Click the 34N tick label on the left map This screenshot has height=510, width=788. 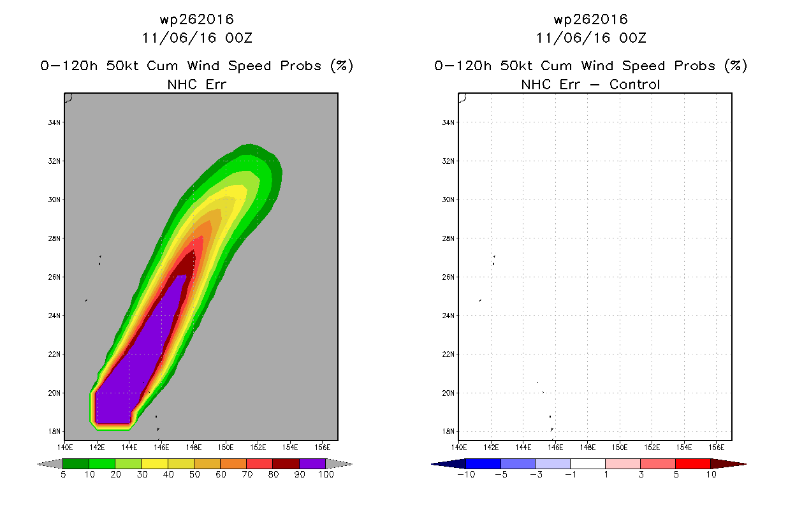click(54, 122)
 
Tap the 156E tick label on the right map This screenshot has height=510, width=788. click(716, 448)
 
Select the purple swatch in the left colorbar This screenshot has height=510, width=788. click(312, 464)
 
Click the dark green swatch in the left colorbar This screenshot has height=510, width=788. click(76, 464)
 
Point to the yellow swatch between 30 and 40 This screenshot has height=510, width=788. click(154, 464)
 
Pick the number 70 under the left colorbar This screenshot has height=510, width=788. click(247, 474)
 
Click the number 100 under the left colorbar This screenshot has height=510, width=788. click(326, 474)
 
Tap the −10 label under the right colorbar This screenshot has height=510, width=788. click(466, 474)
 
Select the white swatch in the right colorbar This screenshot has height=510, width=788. click(588, 464)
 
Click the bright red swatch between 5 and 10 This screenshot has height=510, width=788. click(693, 464)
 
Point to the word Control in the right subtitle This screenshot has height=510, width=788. click(634, 84)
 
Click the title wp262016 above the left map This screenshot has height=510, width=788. click(197, 19)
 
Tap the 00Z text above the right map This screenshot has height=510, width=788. click(632, 38)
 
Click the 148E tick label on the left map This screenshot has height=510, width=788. click(193, 448)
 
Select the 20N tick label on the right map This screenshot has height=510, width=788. click(448, 393)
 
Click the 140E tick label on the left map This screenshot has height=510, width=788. click(65, 448)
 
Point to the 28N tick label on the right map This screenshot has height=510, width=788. click(448, 238)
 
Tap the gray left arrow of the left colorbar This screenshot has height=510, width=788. click(50, 464)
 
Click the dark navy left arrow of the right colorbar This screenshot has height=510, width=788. click(449, 464)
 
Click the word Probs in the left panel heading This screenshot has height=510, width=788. click(301, 66)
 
